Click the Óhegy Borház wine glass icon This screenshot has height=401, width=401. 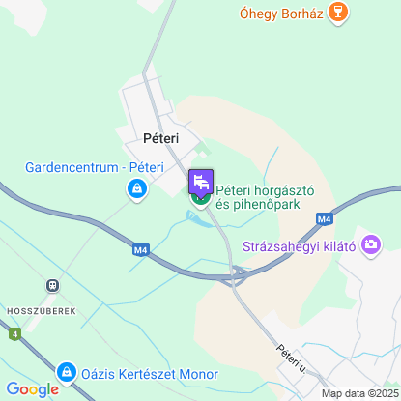337,13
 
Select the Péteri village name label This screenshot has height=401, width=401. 160,138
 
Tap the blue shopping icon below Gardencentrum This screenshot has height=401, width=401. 137,190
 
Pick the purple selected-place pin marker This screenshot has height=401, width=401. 200,183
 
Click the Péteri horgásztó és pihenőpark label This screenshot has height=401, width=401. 259,197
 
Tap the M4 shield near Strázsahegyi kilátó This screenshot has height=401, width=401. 324,221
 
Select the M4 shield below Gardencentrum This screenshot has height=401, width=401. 141,250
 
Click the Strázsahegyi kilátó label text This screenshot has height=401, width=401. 299,246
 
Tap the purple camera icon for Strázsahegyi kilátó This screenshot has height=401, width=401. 370,246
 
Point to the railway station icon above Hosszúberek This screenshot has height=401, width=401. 49,286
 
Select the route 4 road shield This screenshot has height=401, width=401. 14,334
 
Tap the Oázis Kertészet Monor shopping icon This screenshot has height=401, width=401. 66,371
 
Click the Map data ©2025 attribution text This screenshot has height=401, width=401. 358,393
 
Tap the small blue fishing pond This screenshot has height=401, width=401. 196,221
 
